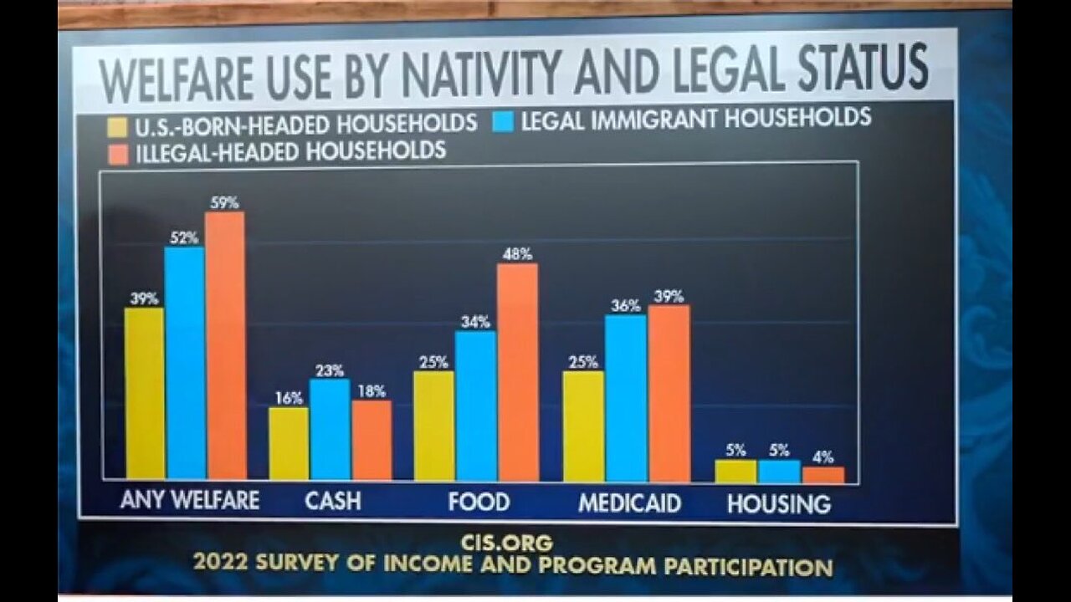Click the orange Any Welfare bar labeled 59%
(x=226, y=344)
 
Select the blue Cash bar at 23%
(x=330, y=429)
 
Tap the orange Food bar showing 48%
(x=517, y=372)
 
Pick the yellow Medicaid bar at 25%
(x=583, y=426)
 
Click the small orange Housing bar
(x=823, y=474)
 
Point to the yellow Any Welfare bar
(x=145, y=392)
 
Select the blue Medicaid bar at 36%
(x=626, y=398)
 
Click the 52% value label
(x=183, y=237)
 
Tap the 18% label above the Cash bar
(x=371, y=391)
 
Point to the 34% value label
(x=475, y=322)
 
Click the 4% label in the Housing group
(x=823, y=457)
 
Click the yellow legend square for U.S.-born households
(x=117, y=126)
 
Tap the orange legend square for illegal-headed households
(x=118, y=154)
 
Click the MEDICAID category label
(x=630, y=503)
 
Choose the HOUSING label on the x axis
(x=778, y=504)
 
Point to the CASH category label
(x=332, y=501)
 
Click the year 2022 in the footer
(x=221, y=564)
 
